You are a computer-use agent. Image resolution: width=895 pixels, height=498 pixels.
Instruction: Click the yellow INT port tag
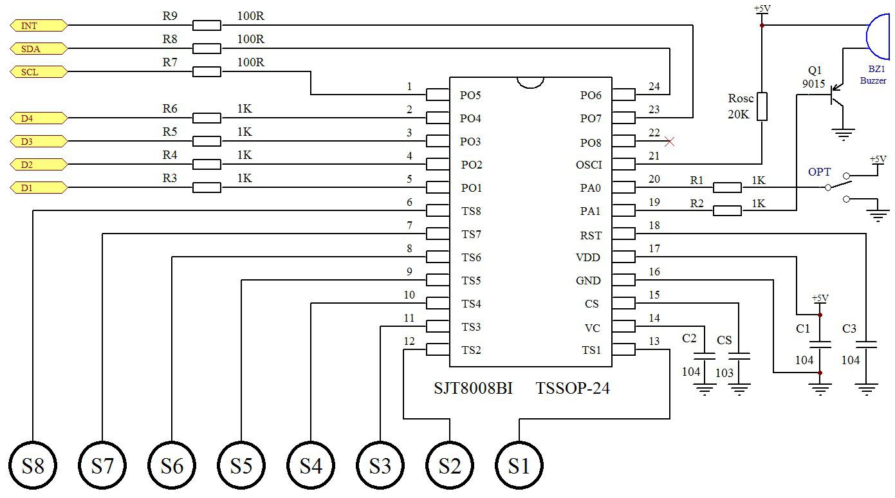[x=39, y=26]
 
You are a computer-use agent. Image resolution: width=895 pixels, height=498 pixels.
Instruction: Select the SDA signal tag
[x=39, y=49]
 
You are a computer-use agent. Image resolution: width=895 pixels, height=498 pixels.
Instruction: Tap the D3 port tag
[x=39, y=141]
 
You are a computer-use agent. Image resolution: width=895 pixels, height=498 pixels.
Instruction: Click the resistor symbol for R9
[x=207, y=26]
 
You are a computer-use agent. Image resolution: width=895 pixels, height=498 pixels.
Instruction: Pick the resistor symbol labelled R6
[x=207, y=118]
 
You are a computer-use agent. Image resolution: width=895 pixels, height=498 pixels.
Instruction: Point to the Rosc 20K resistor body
[x=762, y=106]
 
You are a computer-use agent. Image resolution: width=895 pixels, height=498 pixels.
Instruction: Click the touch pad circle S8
[x=33, y=465]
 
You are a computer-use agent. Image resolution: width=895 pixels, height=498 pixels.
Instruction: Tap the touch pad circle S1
[x=519, y=465]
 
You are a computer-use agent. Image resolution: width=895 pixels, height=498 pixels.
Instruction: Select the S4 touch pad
[x=311, y=465]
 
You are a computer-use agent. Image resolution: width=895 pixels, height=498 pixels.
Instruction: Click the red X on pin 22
[x=669, y=141]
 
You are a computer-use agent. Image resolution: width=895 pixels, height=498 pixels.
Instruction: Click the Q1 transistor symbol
[x=836, y=95]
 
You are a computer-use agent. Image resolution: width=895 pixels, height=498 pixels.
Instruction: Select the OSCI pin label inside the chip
[x=589, y=165]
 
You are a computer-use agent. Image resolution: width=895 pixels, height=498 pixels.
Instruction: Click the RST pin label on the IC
[x=591, y=235]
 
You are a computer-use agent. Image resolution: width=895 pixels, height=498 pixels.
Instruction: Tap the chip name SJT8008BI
[x=473, y=388]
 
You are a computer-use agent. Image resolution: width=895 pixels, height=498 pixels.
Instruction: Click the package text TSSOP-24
[x=573, y=388]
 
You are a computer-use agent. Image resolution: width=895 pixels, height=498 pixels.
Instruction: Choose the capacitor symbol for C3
[x=866, y=344]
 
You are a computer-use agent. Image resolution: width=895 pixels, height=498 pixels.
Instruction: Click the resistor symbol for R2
[x=727, y=210]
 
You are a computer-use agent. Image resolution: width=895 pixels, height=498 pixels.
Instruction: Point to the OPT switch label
[x=819, y=172]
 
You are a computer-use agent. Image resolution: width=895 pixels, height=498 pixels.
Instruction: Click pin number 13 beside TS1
[x=654, y=341]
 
